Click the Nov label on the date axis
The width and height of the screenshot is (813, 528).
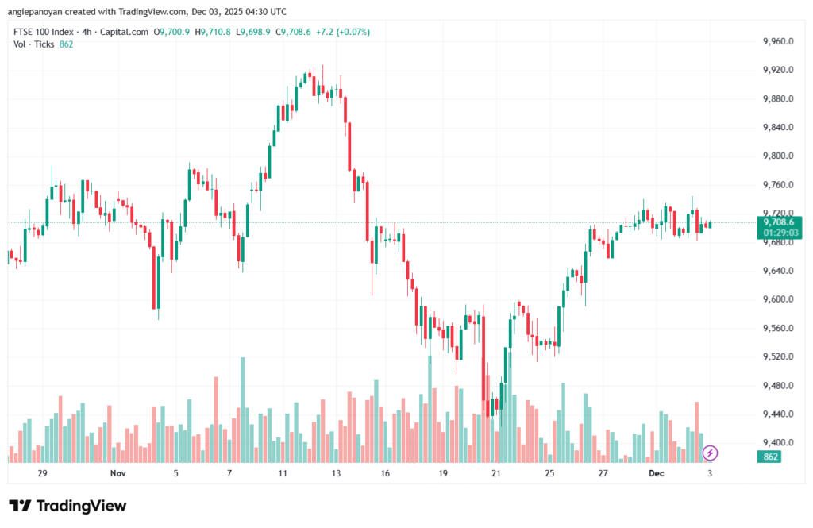point(118,473)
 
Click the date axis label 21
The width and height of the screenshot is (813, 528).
point(496,473)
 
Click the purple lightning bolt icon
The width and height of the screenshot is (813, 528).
point(711,453)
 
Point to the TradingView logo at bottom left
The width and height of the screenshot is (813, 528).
point(67,506)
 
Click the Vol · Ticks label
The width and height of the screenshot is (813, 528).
point(34,44)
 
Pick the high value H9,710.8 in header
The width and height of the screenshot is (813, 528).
point(214,32)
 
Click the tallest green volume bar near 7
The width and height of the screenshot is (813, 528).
point(242,409)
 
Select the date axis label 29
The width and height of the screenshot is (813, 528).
point(43,473)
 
